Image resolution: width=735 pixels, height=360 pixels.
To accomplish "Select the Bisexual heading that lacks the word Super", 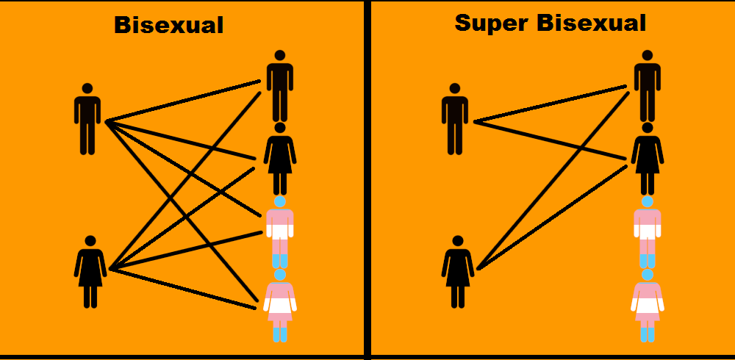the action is coord(169,25).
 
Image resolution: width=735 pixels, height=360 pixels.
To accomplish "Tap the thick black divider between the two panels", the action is coord(367,180).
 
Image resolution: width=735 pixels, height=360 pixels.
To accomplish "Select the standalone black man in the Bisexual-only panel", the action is coord(87,119).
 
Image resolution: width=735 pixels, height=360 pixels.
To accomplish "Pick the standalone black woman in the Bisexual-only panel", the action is coord(90,272).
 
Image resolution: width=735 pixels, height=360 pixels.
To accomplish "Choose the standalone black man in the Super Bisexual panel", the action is coord(455,119).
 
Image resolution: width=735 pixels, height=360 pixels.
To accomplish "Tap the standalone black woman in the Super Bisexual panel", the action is coord(458,272).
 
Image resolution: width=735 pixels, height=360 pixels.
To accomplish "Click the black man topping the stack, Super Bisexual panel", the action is coord(648,86).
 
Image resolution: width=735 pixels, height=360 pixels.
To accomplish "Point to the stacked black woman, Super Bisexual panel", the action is coord(648,159).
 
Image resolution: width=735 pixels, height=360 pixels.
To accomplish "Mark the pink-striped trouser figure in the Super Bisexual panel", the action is coord(648,232).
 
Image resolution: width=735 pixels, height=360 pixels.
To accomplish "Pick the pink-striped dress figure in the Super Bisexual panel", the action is coord(648,306).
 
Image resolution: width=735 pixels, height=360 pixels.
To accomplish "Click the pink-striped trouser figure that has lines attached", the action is coord(280,232).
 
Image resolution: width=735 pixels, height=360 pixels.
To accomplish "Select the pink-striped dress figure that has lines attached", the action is coord(280,306).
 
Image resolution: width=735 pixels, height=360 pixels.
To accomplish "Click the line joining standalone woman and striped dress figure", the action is coord(183,289).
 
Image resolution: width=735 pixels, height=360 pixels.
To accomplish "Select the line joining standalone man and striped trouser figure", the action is coord(183,169).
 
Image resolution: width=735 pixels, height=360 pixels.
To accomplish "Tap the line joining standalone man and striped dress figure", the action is coord(182,211).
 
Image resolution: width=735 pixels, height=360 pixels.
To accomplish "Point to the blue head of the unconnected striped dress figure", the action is coord(648,275).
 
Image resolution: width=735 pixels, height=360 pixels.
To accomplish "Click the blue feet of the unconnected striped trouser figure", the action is coord(648,261).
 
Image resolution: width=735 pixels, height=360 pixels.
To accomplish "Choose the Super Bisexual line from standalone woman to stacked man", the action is coord(553,181).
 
